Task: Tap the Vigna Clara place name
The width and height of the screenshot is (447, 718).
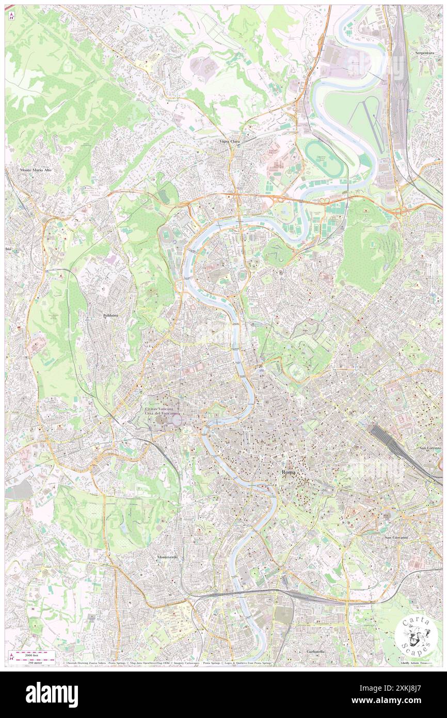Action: pyautogui.click(x=229, y=141)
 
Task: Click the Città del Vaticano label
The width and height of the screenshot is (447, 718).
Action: pyautogui.click(x=161, y=414)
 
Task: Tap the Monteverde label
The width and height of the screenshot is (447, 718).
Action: pyautogui.click(x=167, y=557)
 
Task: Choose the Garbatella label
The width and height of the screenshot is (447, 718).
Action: pyautogui.click(x=315, y=651)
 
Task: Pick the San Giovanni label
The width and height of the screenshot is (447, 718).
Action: pyautogui.click(x=396, y=537)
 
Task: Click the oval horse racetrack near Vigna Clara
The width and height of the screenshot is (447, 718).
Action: pyautogui.click(x=325, y=159)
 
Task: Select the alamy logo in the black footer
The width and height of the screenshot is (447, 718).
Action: pyautogui.click(x=52, y=695)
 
